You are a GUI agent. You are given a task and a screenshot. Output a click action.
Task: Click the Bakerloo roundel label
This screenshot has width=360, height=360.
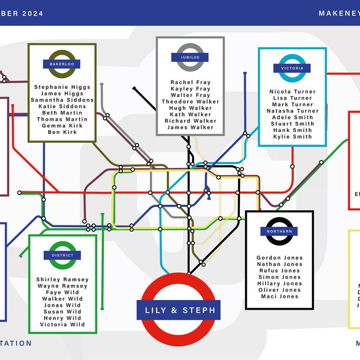[x=62, y=63]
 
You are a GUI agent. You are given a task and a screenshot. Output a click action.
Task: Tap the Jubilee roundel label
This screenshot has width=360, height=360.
[x=190, y=57]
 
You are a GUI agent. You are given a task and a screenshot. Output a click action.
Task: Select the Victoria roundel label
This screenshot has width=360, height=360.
[x=292, y=68]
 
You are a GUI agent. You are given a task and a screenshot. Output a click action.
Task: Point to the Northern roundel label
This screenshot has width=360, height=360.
[x=279, y=232]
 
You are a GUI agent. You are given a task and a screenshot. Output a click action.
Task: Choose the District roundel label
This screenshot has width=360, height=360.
[x=62, y=255]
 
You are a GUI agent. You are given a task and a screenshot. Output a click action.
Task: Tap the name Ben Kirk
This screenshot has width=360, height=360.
[x=62, y=132]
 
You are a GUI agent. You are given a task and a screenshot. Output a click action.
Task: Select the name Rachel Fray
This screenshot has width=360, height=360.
[x=190, y=82]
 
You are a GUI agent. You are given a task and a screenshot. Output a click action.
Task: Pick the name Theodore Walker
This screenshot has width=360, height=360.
[x=190, y=101]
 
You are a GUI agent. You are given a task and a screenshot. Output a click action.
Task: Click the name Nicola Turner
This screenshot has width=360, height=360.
[x=292, y=92]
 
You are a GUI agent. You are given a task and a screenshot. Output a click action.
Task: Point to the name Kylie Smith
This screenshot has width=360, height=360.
[x=292, y=137]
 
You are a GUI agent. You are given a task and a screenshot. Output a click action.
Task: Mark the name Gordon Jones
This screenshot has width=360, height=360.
[x=279, y=258]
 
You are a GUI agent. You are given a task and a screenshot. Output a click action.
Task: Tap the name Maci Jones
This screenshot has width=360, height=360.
[x=279, y=296]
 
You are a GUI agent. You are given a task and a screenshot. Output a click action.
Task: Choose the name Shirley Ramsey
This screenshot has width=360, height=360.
[x=62, y=280]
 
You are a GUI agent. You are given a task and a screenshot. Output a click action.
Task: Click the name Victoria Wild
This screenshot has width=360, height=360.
[x=62, y=325]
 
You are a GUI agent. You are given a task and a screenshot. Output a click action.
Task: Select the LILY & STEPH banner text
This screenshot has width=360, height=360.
[x=180, y=311]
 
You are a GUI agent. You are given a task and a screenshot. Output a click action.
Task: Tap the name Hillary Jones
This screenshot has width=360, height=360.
[x=279, y=284]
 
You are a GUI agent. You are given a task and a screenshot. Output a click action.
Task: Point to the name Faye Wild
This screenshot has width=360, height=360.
[x=62, y=292]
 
